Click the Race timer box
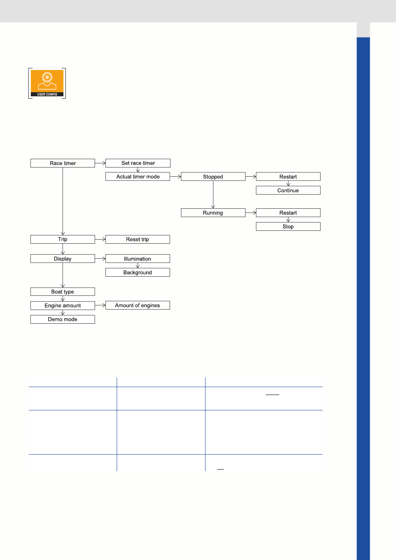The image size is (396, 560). pyautogui.click(x=63, y=163)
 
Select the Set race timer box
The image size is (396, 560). pyautogui.click(x=138, y=163)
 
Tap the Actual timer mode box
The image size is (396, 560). pyautogui.click(x=138, y=177)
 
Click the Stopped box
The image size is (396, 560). pyautogui.click(x=213, y=177)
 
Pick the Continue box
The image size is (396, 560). pyautogui.click(x=288, y=190)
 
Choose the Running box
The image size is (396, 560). pyautogui.click(x=213, y=213)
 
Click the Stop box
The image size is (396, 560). pyautogui.click(x=288, y=227)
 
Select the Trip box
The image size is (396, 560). pyautogui.click(x=63, y=240)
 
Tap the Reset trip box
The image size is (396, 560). pyautogui.click(x=138, y=240)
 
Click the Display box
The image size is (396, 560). pyautogui.click(x=63, y=259)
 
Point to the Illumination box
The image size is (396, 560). pyautogui.click(x=138, y=259)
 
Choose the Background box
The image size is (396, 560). pyautogui.click(x=138, y=272)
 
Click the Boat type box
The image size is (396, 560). pyautogui.click(x=63, y=292)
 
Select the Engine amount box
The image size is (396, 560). pyautogui.click(x=63, y=306)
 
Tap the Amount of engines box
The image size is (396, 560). pyautogui.click(x=138, y=305)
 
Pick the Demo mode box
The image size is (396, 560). pyautogui.click(x=63, y=320)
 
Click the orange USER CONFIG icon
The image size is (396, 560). pyautogui.click(x=47, y=83)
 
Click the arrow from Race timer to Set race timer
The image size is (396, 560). pyautogui.click(x=100, y=163)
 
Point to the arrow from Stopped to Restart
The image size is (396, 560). pyautogui.click(x=251, y=177)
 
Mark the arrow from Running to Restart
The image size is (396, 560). pyautogui.click(x=251, y=213)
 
